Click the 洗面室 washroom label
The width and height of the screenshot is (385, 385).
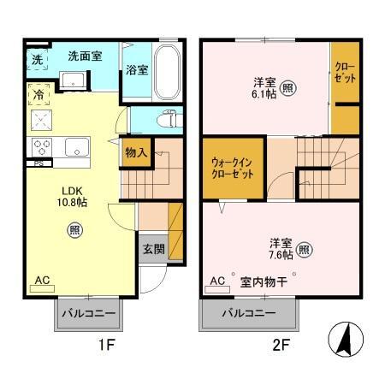[x=86, y=56]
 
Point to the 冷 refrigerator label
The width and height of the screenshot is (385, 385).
[x=38, y=96]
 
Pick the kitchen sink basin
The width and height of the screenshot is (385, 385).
[x=74, y=146]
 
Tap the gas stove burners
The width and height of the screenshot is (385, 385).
[x=42, y=145]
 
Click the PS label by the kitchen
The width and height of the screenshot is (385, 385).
[x=38, y=163]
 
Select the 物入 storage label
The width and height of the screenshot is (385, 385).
[x=136, y=152]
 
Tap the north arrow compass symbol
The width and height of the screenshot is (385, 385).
[x=346, y=341]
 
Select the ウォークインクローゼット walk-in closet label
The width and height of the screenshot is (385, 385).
[x=232, y=168]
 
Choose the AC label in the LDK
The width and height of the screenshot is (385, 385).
[x=42, y=280]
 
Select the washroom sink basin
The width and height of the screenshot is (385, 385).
[x=74, y=80]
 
